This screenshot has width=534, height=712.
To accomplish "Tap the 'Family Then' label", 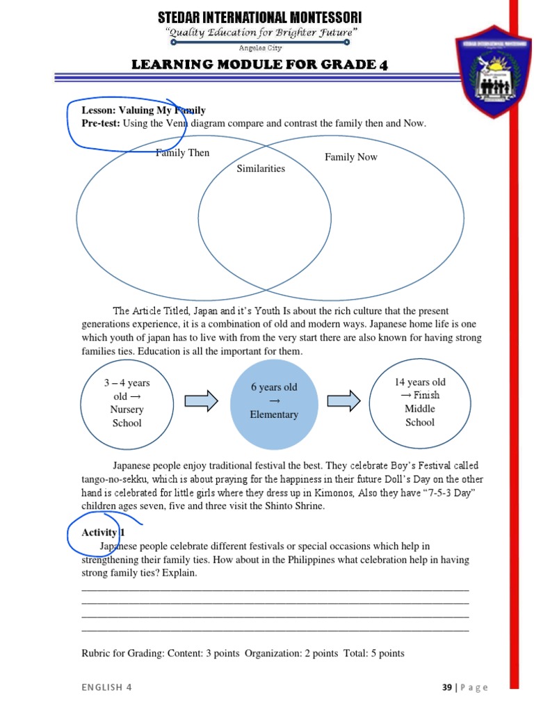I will pyautogui.click(x=182, y=153).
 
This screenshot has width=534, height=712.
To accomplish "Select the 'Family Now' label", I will pyautogui.click(x=351, y=157).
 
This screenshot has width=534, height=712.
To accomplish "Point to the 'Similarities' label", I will pyautogui.click(x=261, y=168).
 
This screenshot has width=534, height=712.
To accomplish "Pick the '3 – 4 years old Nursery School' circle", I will pyautogui.click(x=127, y=403).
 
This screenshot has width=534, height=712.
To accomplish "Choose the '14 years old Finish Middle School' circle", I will pyautogui.click(x=419, y=402).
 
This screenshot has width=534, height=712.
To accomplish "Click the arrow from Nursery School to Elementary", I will pyautogui.click(x=202, y=400).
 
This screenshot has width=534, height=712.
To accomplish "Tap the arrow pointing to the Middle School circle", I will pyautogui.click(x=343, y=400).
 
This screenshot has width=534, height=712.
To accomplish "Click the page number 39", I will pyautogui.click(x=447, y=688).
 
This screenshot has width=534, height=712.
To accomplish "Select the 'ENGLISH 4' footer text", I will pyautogui.click(x=106, y=688).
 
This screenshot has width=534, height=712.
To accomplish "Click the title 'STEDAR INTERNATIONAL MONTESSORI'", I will pyautogui.click(x=260, y=17).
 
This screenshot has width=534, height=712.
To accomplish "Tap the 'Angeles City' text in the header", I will pyautogui.click(x=261, y=49).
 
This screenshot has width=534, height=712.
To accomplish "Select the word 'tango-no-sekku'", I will pyautogui.click(x=113, y=480).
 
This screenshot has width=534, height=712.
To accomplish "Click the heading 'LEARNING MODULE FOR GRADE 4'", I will pyautogui.click(x=260, y=65).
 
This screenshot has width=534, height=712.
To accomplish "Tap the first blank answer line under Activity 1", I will pyautogui.click(x=275, y=590).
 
